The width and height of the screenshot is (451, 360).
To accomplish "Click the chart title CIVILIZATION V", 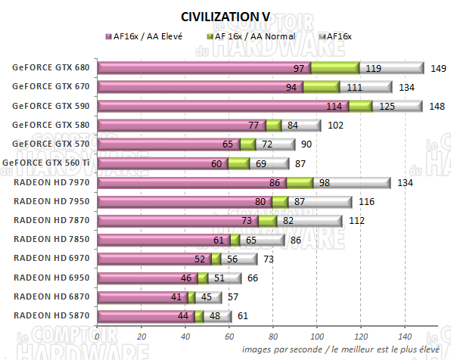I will click(x=225, y=16).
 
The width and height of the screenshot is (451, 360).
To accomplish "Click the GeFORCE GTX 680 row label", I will click(x=51, y=67).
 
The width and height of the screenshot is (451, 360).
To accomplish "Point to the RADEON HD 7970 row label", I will click(x=51, y=182).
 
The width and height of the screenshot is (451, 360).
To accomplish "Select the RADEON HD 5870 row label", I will click(x=51, y=316).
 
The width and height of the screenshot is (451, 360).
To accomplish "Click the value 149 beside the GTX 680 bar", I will click(x=437, y=68).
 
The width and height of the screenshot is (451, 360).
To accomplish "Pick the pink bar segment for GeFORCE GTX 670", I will click(x=201, y=86).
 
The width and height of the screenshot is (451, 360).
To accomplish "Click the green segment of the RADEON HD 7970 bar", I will click(x=300, y=182).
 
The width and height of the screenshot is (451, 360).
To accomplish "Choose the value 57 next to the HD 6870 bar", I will click(x=235, y=297).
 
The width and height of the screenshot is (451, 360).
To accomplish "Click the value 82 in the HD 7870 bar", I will click(x=288, y=221).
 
